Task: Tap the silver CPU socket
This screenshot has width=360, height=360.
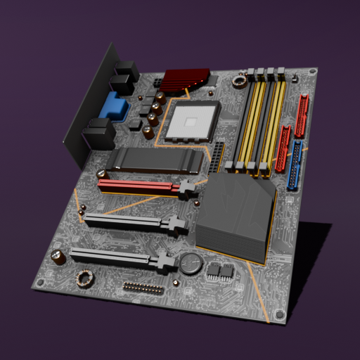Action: [x=191, y=121]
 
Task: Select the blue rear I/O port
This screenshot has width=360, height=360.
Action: [x=114, y=108]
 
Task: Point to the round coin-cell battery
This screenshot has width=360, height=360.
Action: [x=190, y=264]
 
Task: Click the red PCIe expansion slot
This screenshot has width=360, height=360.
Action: [x=141, y=186]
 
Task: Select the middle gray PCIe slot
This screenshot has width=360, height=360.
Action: [x=130, y=222]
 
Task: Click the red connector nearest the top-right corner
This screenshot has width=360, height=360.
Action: [x=302, y=115]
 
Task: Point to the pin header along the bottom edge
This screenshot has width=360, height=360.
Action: [x=143, y=288]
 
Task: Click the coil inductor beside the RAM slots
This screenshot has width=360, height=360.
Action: [x=240, y=82]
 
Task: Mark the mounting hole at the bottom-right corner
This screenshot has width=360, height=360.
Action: [x=280, y=314]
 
